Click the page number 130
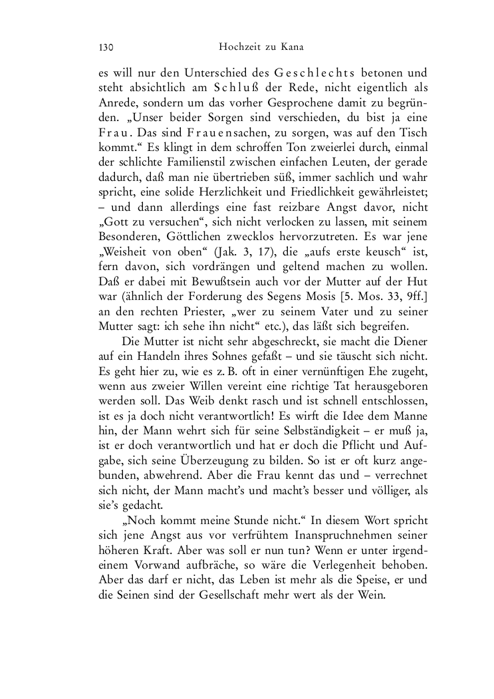click(106, 47)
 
